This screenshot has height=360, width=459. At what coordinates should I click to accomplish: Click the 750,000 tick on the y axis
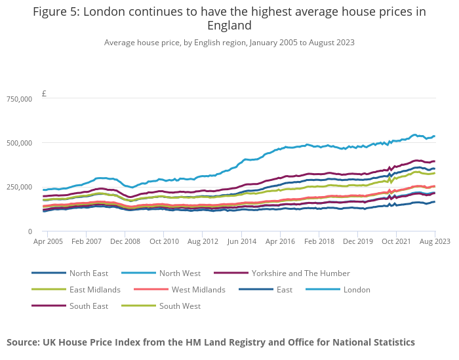point(19,99)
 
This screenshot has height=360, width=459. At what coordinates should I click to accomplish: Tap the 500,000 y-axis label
point(19,143)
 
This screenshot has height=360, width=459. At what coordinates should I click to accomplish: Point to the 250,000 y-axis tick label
point(19,187)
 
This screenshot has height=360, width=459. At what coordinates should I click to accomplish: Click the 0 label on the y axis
point(30,231)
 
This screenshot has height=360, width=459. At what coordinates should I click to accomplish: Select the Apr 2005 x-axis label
point(48,241)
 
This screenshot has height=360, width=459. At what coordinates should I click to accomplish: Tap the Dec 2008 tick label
point(125,241)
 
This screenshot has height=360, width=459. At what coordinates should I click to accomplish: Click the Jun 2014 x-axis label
point(241,241)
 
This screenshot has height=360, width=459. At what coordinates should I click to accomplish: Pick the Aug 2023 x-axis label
point(435,241)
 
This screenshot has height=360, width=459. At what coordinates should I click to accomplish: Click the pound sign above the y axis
point(44,94)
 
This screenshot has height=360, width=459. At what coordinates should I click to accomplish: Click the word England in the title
point(229,26)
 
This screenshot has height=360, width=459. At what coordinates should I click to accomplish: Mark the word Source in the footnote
point(23,342)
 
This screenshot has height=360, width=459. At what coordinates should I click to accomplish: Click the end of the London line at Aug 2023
point(435,136)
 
